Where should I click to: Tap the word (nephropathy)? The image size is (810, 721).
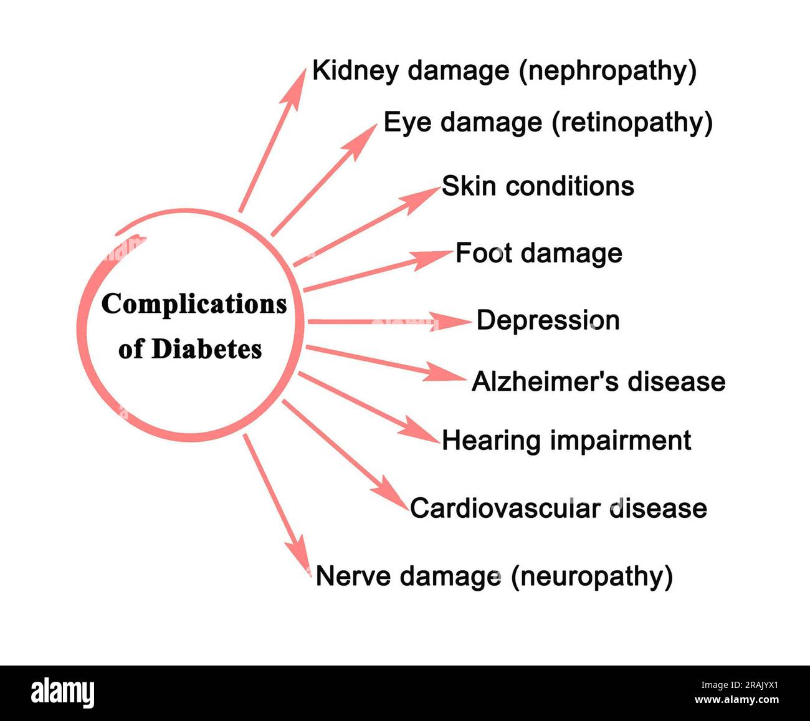(607, 72)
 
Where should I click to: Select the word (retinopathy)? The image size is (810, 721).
(632, 123)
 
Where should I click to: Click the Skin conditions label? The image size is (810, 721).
(538, 186)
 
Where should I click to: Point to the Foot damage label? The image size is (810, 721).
(539, 254)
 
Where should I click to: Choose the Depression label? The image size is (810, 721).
(548, 321)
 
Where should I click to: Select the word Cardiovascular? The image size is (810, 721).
(505, 509)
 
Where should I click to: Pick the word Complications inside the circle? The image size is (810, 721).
(194, 305)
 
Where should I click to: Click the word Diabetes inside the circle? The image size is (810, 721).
(207, 349)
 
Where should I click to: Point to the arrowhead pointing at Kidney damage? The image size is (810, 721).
(295, 88)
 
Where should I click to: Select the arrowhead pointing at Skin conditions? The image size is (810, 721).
(422, 199)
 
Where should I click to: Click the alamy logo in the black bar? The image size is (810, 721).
(63, 693)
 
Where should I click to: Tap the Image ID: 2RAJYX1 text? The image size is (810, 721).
(740, 685)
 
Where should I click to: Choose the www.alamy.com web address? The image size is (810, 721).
(737, 700)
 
